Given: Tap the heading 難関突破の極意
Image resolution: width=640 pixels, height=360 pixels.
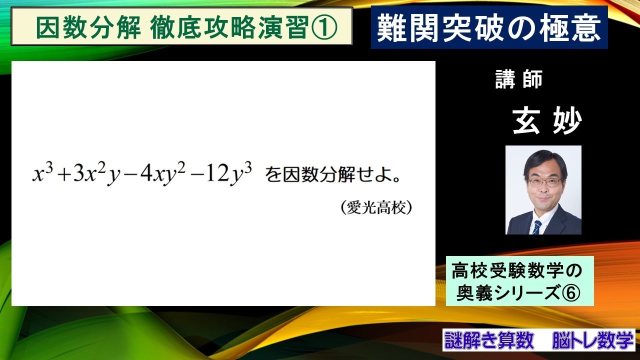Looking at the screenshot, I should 488,28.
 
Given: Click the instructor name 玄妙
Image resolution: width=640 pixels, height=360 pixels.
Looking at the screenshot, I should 546,121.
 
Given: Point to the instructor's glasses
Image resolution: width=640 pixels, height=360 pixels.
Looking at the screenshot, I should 544,182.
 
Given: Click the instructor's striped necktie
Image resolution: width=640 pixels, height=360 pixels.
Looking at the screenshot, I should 536,226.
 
